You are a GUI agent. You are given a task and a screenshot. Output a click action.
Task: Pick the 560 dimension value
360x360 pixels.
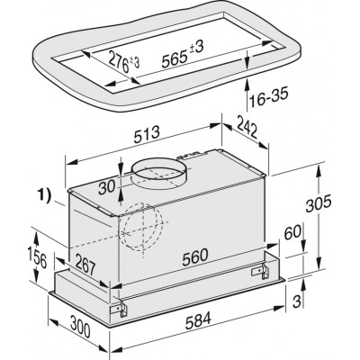pyautogui.click(x=191, y=254)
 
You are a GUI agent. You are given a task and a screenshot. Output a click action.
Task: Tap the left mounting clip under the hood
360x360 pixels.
pyautogui.click(x=116, y=307)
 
